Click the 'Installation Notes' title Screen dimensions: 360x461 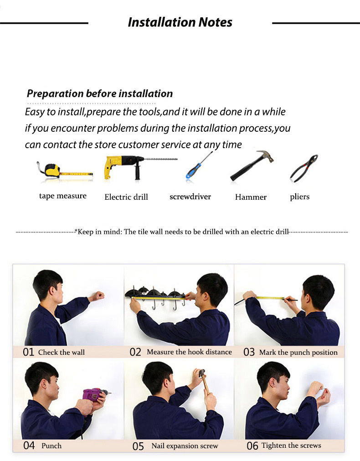pos(180,22)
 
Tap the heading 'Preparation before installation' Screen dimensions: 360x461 pos(100,93)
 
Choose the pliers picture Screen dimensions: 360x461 pos(303,168)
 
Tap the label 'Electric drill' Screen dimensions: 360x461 pos(126,197)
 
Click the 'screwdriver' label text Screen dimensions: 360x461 pos(190,197)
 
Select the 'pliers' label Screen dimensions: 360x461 pos(299,197)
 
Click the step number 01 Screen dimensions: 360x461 pos(29,352)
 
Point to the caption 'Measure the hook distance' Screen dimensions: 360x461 pos(189,352)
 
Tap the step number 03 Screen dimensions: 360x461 pos(249,352)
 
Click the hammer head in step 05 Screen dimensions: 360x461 pos(201,373)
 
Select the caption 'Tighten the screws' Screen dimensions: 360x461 pos(291,445)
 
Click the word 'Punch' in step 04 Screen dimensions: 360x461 pos(51,445)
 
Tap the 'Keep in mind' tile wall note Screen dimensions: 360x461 pos(182,232)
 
